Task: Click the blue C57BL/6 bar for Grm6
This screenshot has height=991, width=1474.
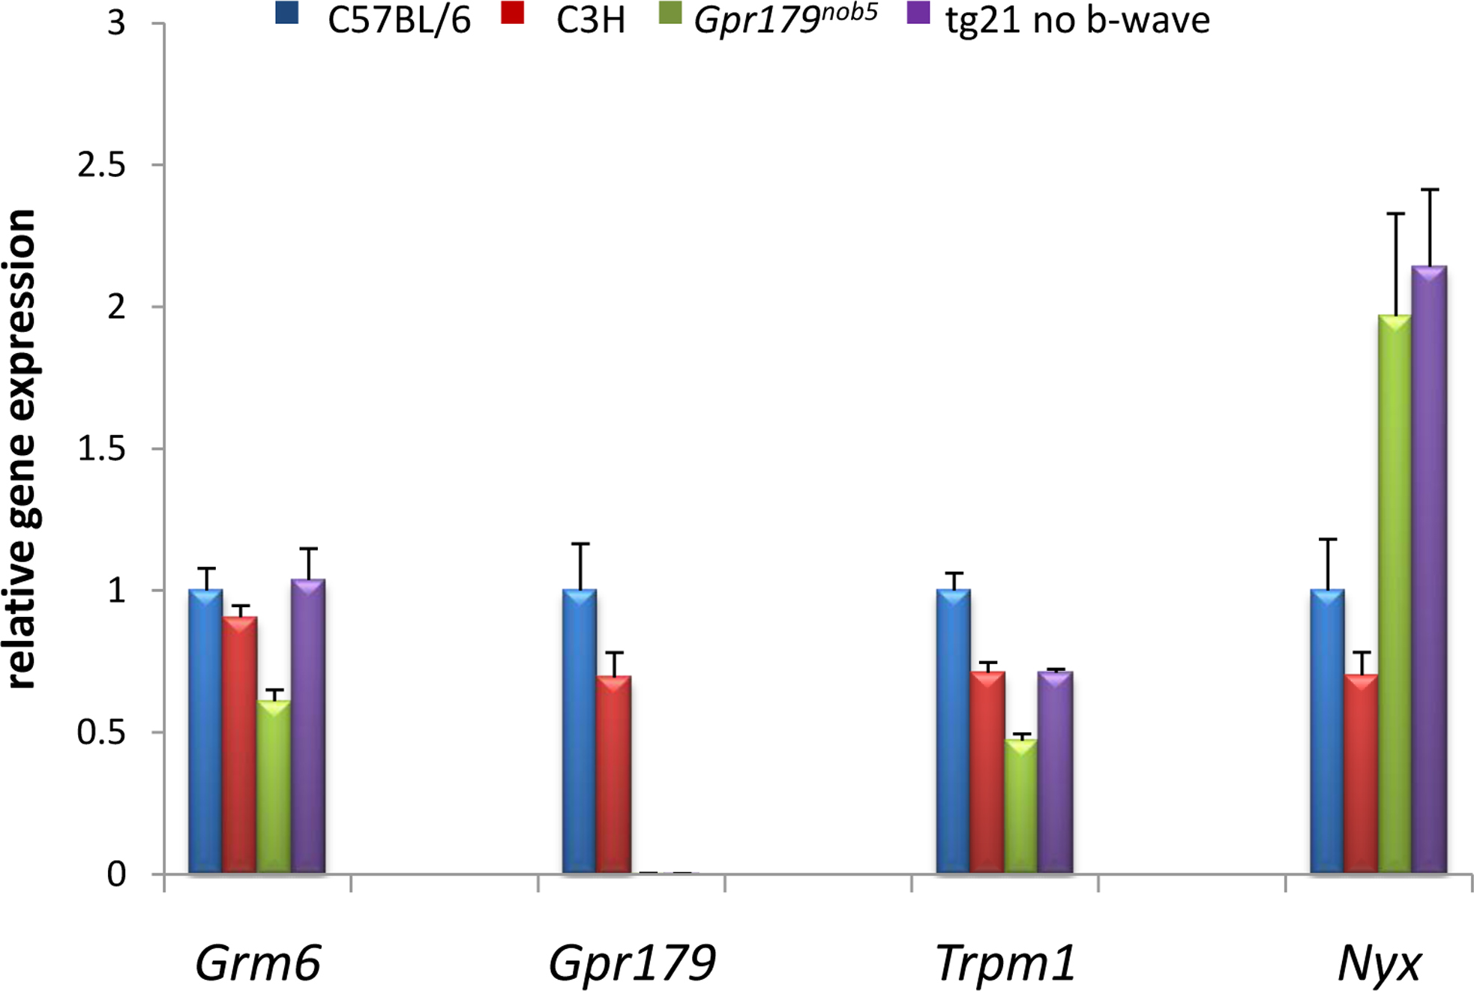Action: (205, 731)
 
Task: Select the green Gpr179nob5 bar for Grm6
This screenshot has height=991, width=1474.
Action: (274, 787)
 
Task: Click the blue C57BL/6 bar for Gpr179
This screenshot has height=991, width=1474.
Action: (580, 731)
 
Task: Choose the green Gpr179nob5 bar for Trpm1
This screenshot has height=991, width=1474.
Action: (1021, 806)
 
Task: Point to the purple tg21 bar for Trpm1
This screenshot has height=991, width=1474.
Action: (1055, 772)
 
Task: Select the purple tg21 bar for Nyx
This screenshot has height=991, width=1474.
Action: (1429, 570)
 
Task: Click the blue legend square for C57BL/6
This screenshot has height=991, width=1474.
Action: (287, 13)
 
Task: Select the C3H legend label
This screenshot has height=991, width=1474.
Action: (590, 20)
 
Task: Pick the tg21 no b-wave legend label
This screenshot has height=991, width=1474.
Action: (1077, 20)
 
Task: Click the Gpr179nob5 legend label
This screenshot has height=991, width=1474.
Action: (785, 20)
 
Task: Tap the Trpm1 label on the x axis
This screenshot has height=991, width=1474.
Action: (1005, 963)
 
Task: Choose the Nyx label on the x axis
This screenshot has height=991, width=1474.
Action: (1380, 963)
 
